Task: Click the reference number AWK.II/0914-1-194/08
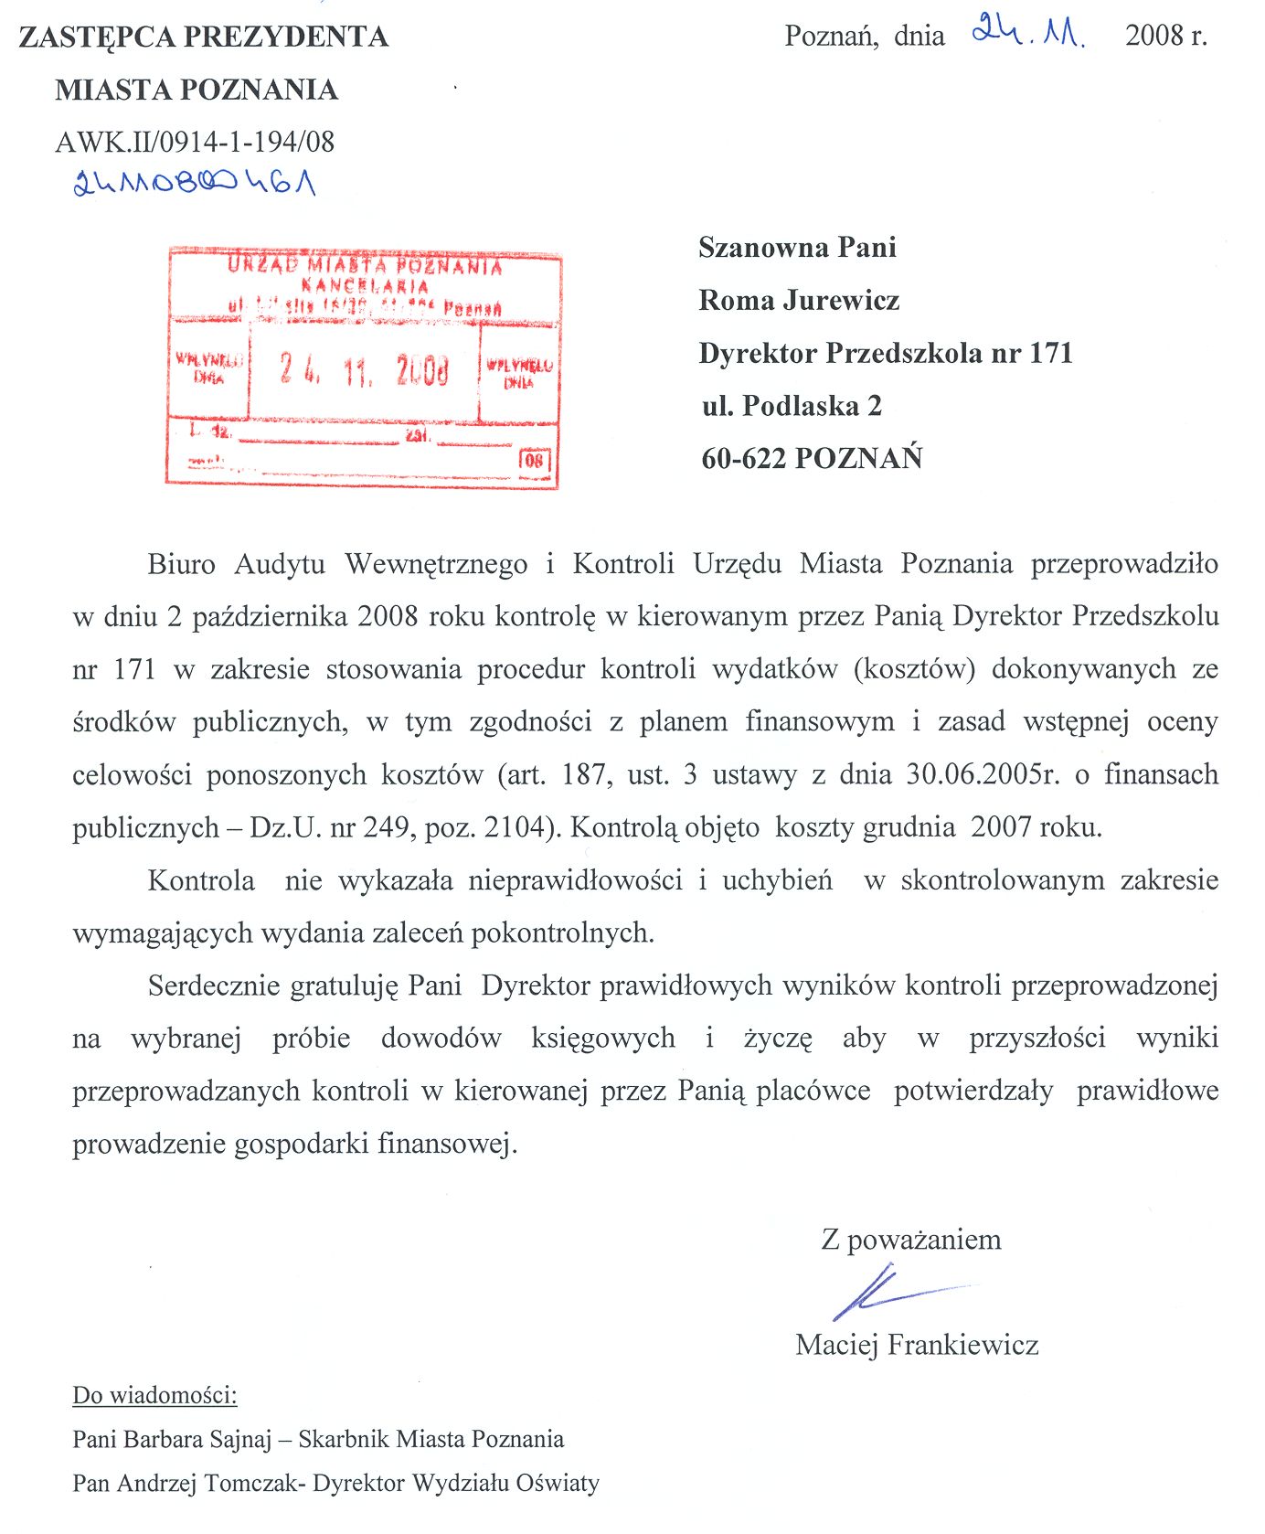point(195,142)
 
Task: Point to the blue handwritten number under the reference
point(195,183)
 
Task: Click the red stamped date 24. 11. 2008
point(364,370)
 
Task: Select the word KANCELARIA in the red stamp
point(365,286)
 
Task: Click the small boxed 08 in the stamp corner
point(535,459)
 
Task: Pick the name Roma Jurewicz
point(799,300)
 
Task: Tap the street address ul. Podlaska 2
point(792,405)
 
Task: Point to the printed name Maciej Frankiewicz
point(917,1344)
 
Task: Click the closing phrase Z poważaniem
point(911,1240)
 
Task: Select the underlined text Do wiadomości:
point(154,1396)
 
